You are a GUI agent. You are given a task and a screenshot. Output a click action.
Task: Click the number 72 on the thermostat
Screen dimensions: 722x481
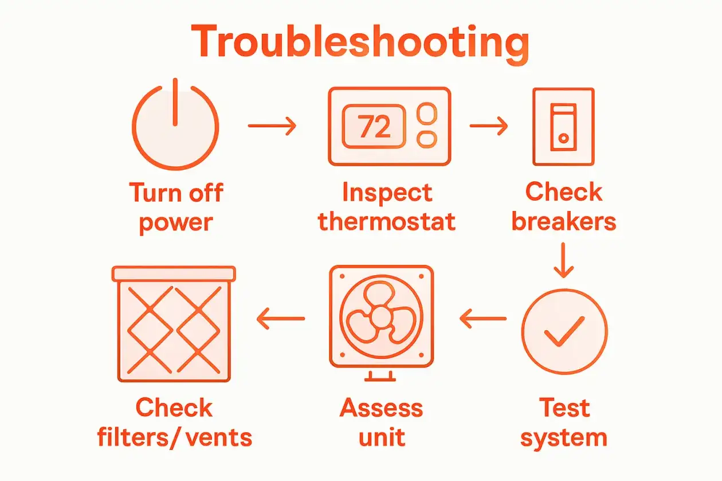tap(374, 126)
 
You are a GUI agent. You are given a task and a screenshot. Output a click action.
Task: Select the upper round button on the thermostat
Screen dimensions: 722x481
tap(427, 114)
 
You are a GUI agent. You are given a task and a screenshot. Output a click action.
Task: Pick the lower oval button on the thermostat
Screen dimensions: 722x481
tap(427, 139)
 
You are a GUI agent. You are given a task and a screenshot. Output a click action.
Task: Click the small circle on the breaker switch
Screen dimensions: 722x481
tap(563, 138)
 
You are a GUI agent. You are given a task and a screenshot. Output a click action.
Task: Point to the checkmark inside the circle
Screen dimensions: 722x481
tap(564, 331)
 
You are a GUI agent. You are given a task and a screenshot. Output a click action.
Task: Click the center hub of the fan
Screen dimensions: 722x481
tap(381, 316)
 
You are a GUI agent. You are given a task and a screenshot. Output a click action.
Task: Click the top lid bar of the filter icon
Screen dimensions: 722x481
tap(174, 273)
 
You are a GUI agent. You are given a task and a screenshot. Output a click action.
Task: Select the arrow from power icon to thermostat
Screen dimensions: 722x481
tap(272, 126)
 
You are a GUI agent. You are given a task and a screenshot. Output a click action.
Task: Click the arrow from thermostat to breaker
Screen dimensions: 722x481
tap(489, 126)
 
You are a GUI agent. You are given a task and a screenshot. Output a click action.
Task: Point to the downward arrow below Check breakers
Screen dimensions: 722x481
tap(563, 260)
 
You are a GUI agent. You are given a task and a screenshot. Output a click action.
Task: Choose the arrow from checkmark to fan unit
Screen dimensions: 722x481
tap(483, 319)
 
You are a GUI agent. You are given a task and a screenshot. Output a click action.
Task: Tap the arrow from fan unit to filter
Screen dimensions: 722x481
tap(280, 319)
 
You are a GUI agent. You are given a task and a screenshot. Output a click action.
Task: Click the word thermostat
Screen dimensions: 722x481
tap(386, 221)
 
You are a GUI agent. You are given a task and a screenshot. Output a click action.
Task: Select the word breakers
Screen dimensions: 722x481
tap(564, 221)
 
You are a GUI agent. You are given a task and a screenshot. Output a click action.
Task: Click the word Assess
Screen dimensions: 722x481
tap(381, 408)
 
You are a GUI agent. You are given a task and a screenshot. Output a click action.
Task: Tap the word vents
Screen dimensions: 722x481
tap(218, 439)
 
